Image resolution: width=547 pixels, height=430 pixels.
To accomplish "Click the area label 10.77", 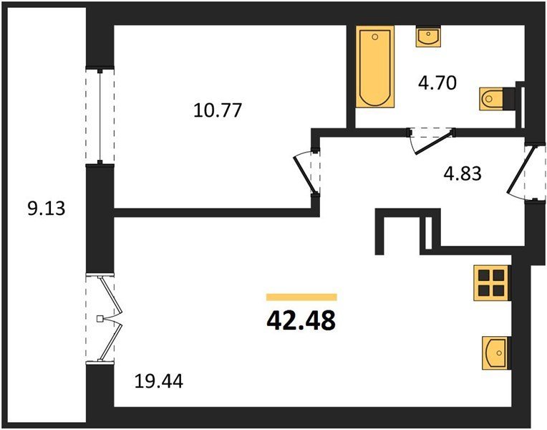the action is tap(218, 110).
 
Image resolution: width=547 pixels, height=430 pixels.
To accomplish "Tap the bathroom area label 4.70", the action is tap(437, 83).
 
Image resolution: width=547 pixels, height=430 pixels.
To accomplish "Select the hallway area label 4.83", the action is tap(463, 173).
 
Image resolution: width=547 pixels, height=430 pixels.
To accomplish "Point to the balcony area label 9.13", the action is tap(47, 209).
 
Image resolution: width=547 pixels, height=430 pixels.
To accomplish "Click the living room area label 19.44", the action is tap(159, 381).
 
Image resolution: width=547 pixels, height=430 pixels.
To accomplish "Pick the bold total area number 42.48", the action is tap(301, 320).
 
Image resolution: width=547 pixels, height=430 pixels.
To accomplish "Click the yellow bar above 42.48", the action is tap(301, 297).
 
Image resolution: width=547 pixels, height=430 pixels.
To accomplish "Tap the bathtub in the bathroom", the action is tap(375, 67).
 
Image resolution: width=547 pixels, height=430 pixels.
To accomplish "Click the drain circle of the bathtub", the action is tap(375, 37).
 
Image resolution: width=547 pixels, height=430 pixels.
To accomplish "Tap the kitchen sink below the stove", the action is tap(496, 353).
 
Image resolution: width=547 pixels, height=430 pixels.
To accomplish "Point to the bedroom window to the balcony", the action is tap(100, 115).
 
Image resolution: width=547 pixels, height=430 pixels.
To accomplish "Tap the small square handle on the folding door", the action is tap(100, 319).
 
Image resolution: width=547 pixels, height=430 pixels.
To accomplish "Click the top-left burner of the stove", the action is tap(484, 276).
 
